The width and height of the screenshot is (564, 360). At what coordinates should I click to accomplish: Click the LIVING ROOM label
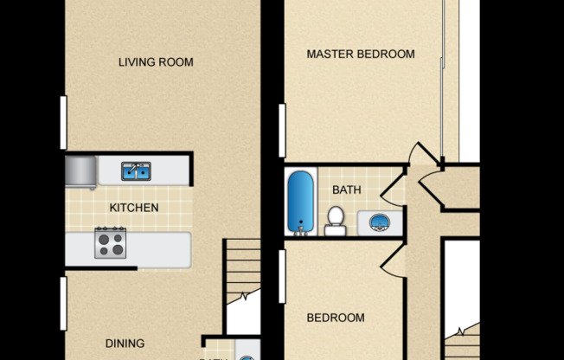(156, 62)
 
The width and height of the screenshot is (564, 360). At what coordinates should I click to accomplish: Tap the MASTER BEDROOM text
(361, 55)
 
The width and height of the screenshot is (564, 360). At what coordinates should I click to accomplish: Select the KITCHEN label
(133, 208)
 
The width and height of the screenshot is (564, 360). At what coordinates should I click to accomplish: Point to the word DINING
(125, 344)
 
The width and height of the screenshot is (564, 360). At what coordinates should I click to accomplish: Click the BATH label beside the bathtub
(346, 190)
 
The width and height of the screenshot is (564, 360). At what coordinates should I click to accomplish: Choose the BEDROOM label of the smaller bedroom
(336, 318)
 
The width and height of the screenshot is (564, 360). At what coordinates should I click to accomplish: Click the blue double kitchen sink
(136, 171)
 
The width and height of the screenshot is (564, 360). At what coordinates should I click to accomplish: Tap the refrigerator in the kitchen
(80, 171)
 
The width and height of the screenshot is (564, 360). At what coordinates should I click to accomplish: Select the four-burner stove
(110, 242)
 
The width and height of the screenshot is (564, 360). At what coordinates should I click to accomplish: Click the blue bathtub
(300, 202)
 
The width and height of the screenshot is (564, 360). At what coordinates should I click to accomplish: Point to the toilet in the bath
(335, 222)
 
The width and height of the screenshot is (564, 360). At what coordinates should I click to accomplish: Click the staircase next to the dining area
(242, 286)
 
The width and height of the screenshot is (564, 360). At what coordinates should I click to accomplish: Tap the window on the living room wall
(63, 122)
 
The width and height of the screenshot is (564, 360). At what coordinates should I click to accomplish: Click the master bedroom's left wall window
(282, 131)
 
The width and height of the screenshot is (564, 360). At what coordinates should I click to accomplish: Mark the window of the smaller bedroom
(282, 277)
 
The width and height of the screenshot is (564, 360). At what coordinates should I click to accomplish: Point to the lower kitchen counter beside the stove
(159, 249)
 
